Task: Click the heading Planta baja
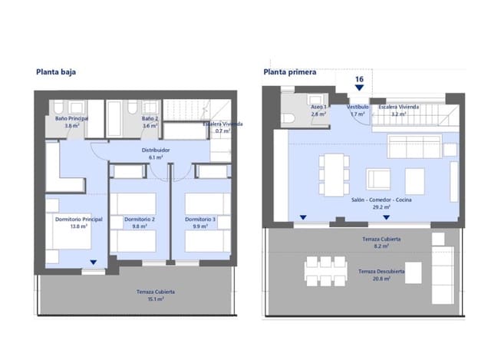tap(55, 73)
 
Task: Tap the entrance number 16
tap(359, 79)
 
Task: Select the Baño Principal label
tap(71, 120)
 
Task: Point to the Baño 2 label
tap(150, 120)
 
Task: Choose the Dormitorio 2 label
tap(141, 220)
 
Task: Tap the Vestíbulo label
tap(358, 107)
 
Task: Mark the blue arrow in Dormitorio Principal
tap(93, 263)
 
